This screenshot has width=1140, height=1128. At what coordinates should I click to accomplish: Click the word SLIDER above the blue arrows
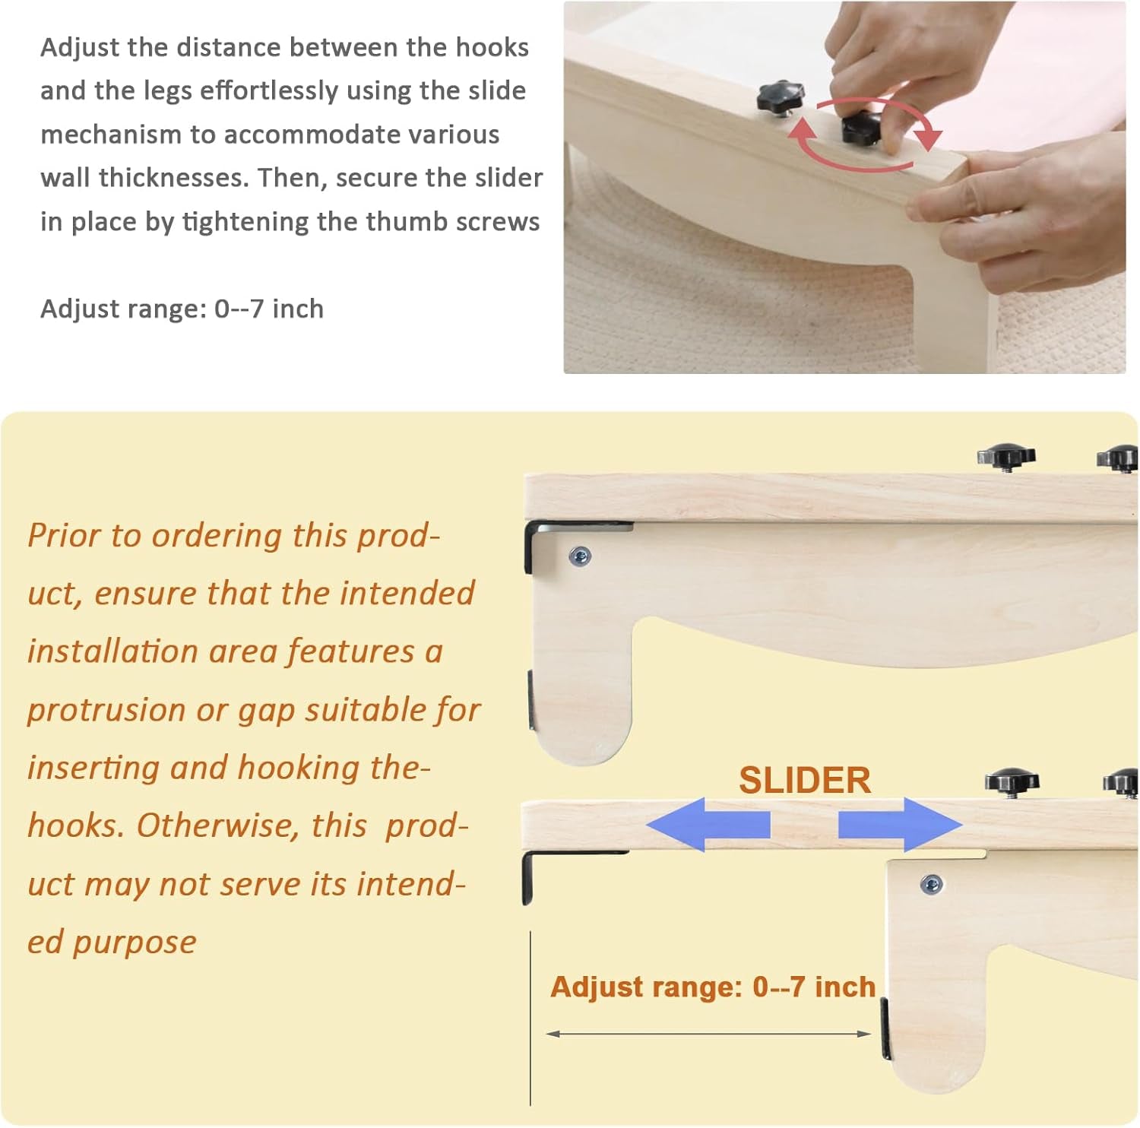[805, 781]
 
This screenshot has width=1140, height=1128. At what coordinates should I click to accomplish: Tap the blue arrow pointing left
[708, 824]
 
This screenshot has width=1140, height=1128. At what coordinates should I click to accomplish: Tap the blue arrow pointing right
[901, 824]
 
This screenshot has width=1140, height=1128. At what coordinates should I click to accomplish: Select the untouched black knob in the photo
[780, 97]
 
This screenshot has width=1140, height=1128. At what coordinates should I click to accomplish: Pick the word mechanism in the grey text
[110, 135]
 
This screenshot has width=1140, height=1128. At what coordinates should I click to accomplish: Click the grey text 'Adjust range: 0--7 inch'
[182, 309]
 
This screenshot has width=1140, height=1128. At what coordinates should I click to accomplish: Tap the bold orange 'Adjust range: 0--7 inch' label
[713, 987]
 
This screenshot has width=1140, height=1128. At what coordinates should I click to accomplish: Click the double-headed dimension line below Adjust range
[708, 1034]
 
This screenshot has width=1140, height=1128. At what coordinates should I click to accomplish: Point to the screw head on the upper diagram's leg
[580, 557]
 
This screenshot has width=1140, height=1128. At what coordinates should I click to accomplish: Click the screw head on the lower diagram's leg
[932, 884]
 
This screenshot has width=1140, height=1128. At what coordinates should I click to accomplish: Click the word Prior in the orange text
[64, 535]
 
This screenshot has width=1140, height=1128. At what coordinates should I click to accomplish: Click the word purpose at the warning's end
[135, 943]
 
